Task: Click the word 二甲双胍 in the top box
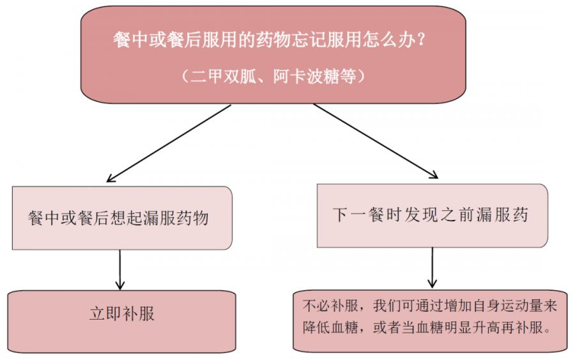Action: pyautogui.click(x=224, y=76)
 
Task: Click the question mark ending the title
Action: pyautogui.click(x=421, y=40)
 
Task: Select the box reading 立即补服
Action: pyautogui.click(x=121, y=322)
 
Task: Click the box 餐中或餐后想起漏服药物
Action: pyautogui.click(x=122, y=218)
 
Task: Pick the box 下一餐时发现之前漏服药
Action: pyautogui.click(x=433, y=215)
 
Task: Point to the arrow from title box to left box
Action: pyautogui.click(x=169, y=143)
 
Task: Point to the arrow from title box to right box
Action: pyautogui.click(x=376, y=141)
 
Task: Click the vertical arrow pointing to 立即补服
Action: pyautogui.click(x=120, y=270)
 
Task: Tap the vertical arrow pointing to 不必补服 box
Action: pyautogui.click(x=433, y=267)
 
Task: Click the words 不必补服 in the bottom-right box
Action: pyautogui.click(x=330, y=306)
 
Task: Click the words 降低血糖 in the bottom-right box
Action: pyautogui.click(x=330, y=327)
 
